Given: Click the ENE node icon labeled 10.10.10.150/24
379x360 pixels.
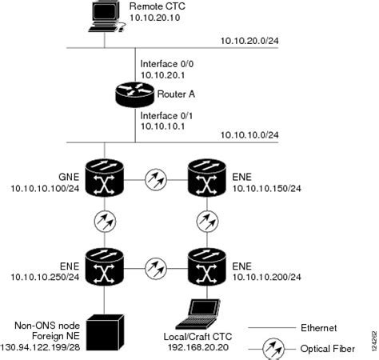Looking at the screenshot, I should click(x=207, y=178).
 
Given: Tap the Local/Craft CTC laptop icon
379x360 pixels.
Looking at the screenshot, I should click(x=201, y=313).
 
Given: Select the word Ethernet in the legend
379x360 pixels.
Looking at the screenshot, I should click(x=318, y=327).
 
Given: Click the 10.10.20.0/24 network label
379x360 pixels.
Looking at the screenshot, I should click(x=249, y=41).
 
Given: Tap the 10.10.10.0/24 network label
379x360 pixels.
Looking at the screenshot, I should click(x=249, y=135).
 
